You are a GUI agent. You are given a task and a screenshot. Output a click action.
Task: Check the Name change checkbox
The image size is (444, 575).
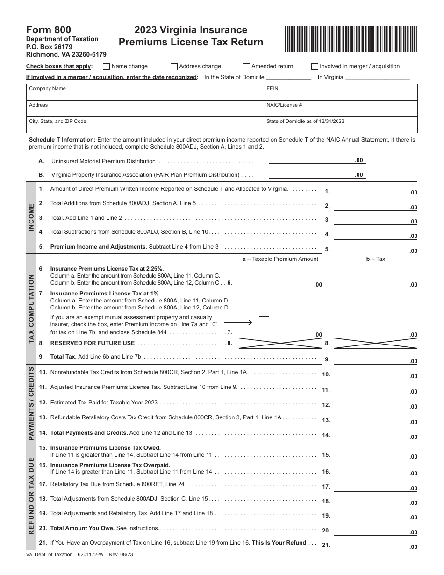click(106, 66)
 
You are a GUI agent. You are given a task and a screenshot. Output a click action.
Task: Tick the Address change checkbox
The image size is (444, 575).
click(174, 66)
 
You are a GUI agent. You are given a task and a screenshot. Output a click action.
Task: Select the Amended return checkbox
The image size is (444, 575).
click(246, 66)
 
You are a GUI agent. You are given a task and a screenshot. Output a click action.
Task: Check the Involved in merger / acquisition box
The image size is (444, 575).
click(315, 66)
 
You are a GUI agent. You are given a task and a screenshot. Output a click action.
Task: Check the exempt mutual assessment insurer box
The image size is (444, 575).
click(264, 322)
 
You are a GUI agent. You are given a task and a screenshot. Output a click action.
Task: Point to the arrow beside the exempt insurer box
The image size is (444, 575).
click(238, 322)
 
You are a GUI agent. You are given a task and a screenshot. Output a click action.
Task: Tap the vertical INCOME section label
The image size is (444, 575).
click(31, 217)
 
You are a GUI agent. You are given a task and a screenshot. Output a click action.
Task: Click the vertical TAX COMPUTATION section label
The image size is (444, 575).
click(31, 309)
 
